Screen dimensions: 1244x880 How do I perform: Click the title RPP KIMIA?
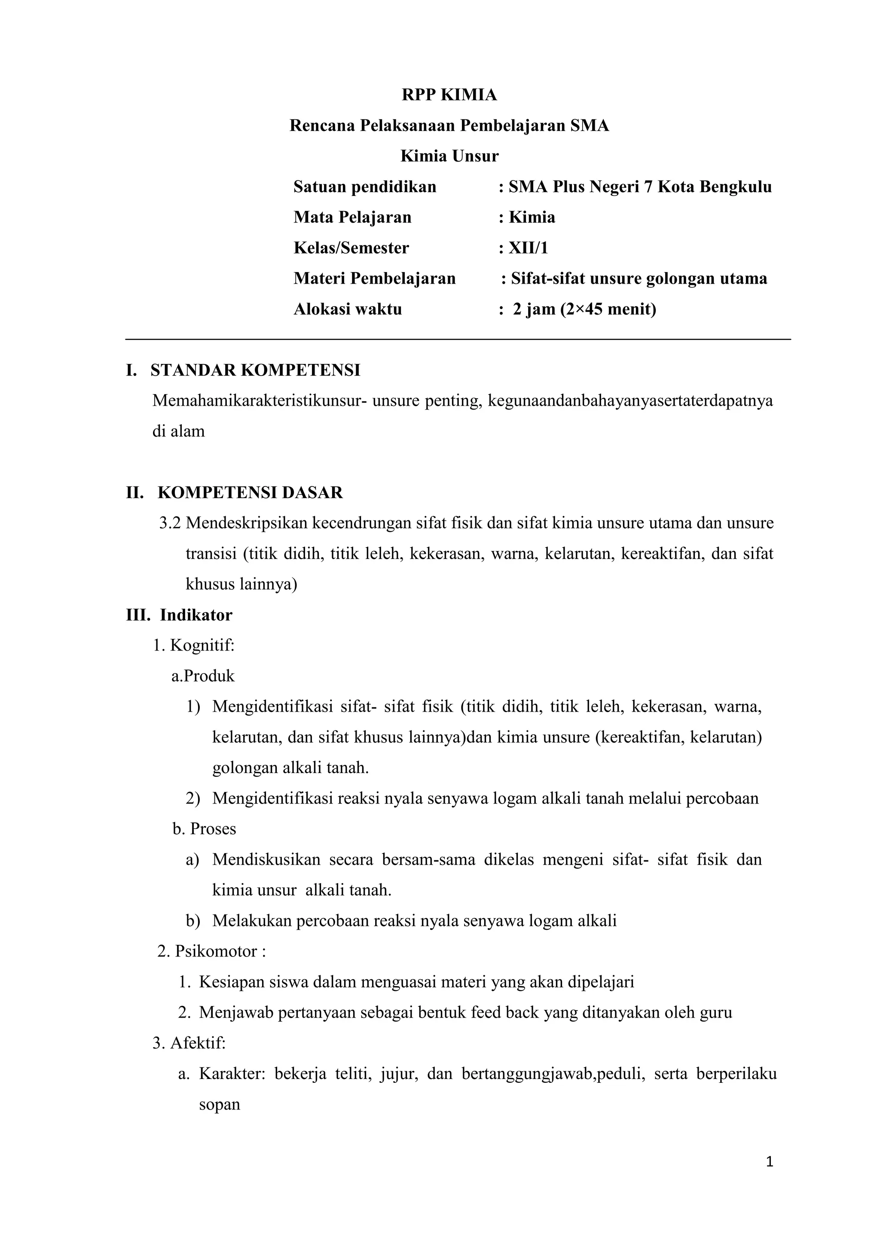pyautogui.click(x=449, y=95)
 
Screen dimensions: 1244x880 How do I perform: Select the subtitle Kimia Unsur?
pyautogui.click(x=449, y=156)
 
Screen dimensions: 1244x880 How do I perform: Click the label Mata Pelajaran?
pyautogui.click(x=352, y=217)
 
